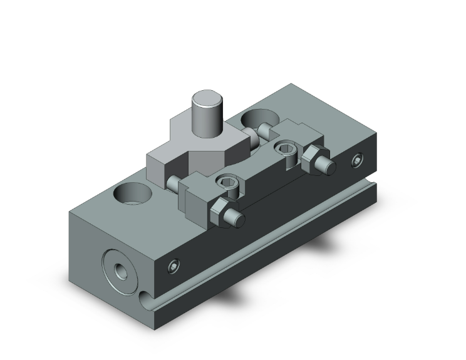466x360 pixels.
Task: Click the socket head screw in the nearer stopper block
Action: pos(228,182)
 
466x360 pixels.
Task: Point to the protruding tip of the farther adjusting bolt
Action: pos(326,166)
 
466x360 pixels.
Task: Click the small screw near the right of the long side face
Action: pos(358,161)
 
